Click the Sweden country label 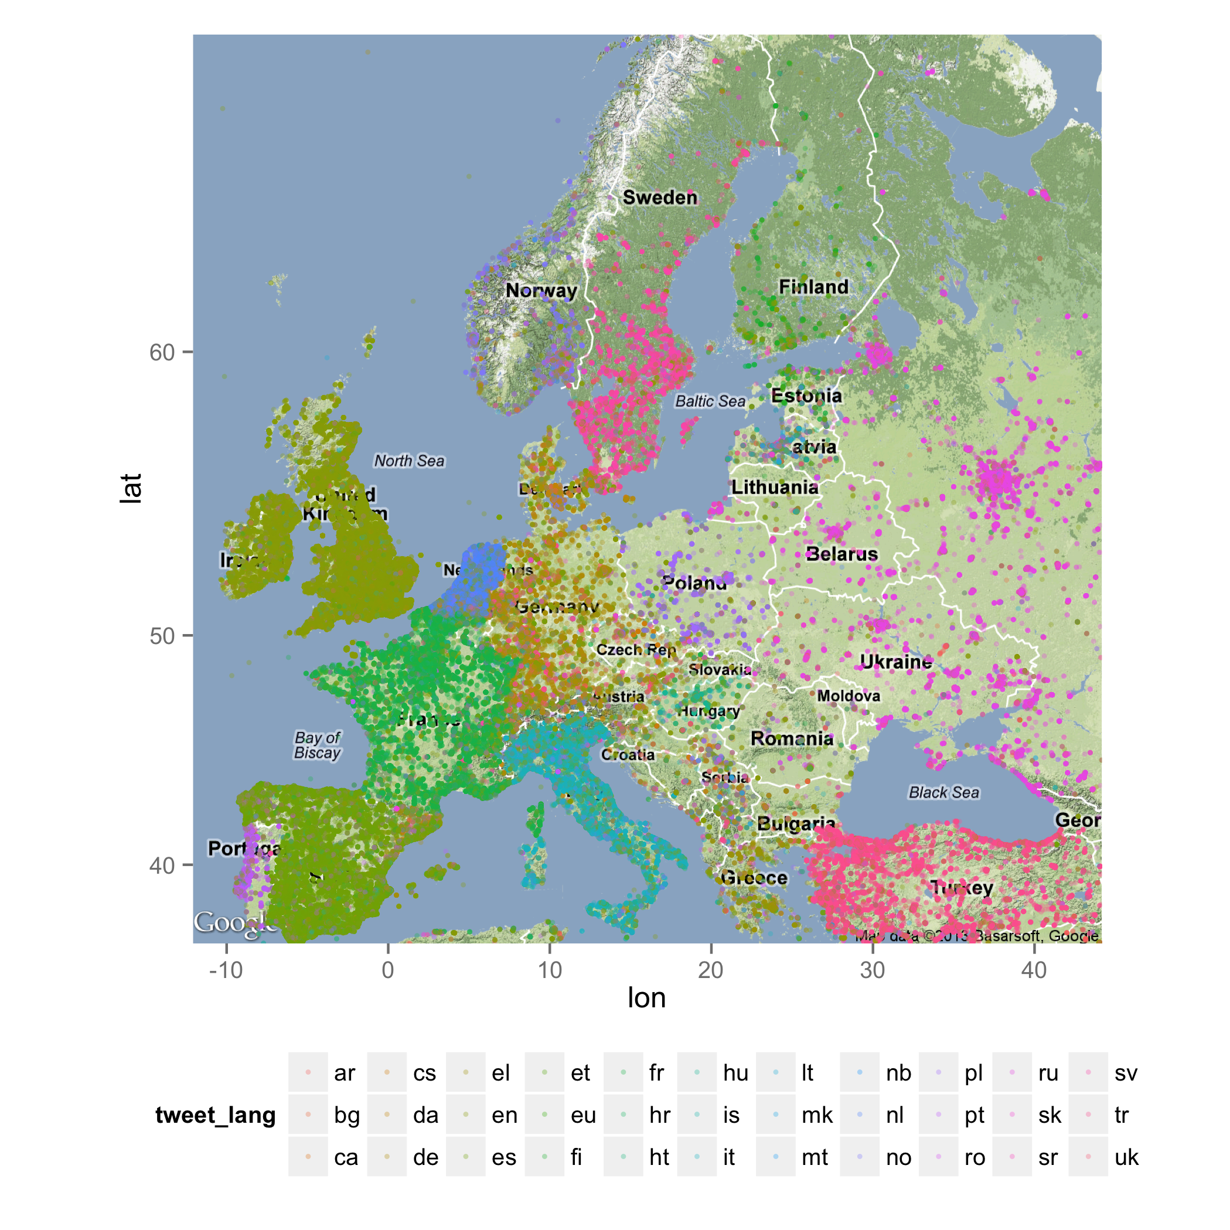point(660,198)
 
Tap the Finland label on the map point(813,287)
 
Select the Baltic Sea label point(710,401)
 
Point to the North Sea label point(408,460)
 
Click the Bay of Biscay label point(317,745)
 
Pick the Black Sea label point(943,793)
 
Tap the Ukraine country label point(896,662)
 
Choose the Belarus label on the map point(841,554)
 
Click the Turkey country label point(962,887)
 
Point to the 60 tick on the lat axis point(162,352)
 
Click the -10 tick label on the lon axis point(226,970)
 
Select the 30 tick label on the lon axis point(872,970)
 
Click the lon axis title point(646,997)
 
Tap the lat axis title point(131,488)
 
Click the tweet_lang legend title point(215,1115)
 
